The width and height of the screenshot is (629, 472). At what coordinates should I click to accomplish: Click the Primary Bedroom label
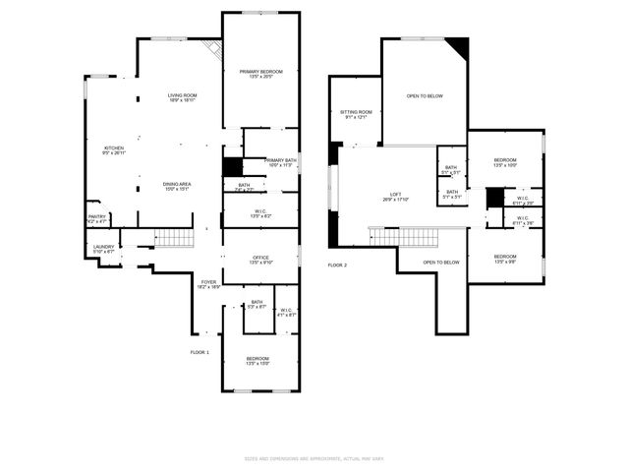pyautogui.click(x=261, y=74)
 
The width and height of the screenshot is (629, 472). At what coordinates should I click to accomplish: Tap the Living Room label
pyautogui.click(x=182, y=97)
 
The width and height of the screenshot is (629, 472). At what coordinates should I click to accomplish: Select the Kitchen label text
pyautogui.click(x=114, y=149)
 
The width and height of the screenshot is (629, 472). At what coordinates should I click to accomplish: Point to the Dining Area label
pyautogui.click(x=177, y=186)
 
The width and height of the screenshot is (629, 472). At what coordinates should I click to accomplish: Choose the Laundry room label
pyautogui.click(x=104, y=249)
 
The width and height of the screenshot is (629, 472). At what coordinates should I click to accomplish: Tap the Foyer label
pyautogui.click(x=208, y=284)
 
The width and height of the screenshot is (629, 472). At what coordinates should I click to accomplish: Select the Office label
pyautogui.click(x=260, y=260)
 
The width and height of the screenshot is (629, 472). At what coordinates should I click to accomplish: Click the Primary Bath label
pyautogui.click(x=280, y=162)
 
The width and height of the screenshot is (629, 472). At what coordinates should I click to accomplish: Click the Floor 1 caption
pyautogui.click(x=200, y=352)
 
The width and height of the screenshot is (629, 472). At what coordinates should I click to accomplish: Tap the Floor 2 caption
pyautogui.click(x=337, y=265)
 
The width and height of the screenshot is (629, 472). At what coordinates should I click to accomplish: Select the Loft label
pyautogui.click(x=395, y=196)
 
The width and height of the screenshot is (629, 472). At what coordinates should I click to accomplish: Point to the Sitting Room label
pyautogui.click(x=356, y=115)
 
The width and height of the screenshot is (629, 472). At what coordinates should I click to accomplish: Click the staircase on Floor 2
pyautogui.click(x=417, y=237)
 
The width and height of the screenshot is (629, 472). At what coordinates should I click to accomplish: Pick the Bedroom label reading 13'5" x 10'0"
pyautogui.click(x=504, y=161)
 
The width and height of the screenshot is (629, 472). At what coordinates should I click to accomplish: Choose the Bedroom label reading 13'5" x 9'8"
pyautogui.click(x=504, y=260)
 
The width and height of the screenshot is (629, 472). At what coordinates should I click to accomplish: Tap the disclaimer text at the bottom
pyautogui.click(x=314, y=458)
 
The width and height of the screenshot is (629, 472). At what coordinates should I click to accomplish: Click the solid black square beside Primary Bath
pyautogui.click(x=232, y=167)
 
